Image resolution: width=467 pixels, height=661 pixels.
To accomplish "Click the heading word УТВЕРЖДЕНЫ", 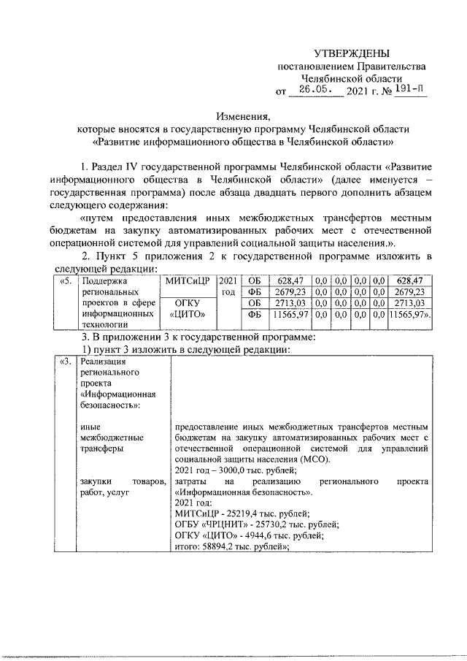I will pyautogui.click(x=352, y=53).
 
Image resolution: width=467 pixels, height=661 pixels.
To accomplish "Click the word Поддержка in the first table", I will pyautogui.click(x=106, y=280).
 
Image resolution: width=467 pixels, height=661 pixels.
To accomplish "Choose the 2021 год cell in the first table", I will pyautogui.click(x=228, y=286).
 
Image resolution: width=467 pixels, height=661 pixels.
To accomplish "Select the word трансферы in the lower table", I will pyautogui.click(x=102, y=448).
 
